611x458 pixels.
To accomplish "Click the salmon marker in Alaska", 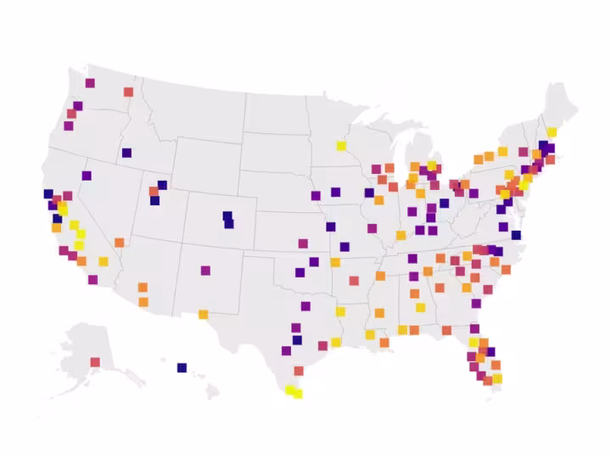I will coord(95,362).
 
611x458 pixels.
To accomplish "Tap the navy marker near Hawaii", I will coord(182,367).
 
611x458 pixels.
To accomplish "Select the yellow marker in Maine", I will coord(552,132).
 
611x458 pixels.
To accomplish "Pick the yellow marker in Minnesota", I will coord(341,145).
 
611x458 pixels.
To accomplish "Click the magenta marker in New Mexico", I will coord(205,271).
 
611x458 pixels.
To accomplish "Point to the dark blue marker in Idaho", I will coord(126,153).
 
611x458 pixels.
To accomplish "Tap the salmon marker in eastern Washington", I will coord(128,92).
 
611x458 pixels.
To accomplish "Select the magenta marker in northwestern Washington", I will coord(90,82).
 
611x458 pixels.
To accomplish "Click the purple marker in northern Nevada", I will coord(87,176).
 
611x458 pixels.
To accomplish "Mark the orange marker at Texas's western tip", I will coord(204,315).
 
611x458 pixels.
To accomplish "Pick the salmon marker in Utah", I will coord(154,192).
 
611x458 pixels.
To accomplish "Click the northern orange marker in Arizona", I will coord(143,288).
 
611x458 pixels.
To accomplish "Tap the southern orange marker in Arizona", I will coord(143,302).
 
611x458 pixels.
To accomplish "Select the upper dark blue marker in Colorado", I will coord(227,215).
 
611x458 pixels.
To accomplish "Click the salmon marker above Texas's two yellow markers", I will coord(299,371).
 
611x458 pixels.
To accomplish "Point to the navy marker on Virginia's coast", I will coord(516,235).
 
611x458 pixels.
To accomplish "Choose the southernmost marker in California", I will coord(92,279).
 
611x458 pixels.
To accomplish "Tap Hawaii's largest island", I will coord(212,393).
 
